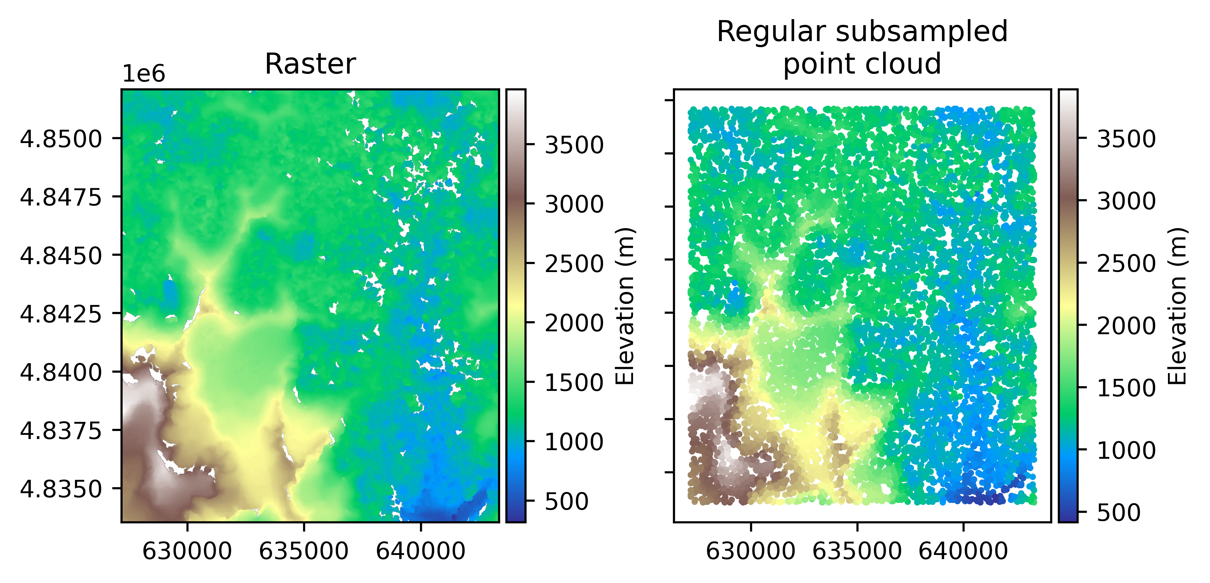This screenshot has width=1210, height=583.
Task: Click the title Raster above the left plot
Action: (x=310, y=64)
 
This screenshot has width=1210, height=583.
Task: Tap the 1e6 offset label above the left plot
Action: (x=144, y=74)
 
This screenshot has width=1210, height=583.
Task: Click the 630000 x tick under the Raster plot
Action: (x=187, y=551)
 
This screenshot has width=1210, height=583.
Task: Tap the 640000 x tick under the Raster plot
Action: (x=421, y=551)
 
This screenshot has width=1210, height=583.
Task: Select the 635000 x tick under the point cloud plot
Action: (x=857, y=551)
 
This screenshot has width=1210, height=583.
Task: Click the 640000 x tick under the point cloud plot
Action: (x=963, y=551)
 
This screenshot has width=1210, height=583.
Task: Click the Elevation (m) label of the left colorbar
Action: (x=625, y=306)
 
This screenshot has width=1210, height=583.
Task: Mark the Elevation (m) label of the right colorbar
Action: (x=1178, y=306)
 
